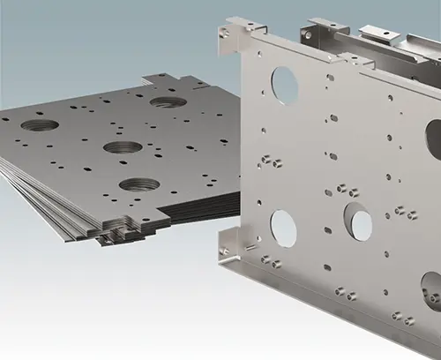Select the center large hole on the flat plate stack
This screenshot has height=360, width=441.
click(x=122, y=147)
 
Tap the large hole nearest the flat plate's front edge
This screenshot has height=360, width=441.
click(x=138, y=185)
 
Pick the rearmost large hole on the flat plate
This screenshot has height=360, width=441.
click(x=168, y=101)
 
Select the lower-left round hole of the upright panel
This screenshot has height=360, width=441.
click(x=283, y=229)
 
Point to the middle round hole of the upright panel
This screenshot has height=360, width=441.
click(x=357, y=221)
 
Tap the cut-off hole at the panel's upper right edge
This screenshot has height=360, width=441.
click(x=434, y=139)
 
